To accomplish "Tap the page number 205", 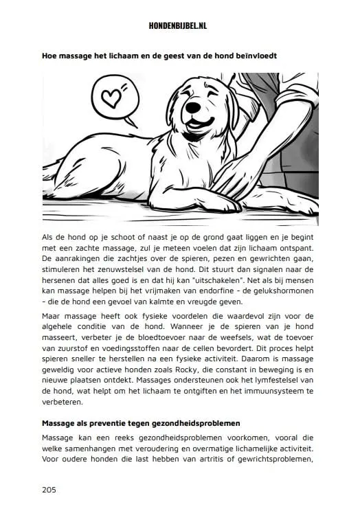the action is coord(49,490).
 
